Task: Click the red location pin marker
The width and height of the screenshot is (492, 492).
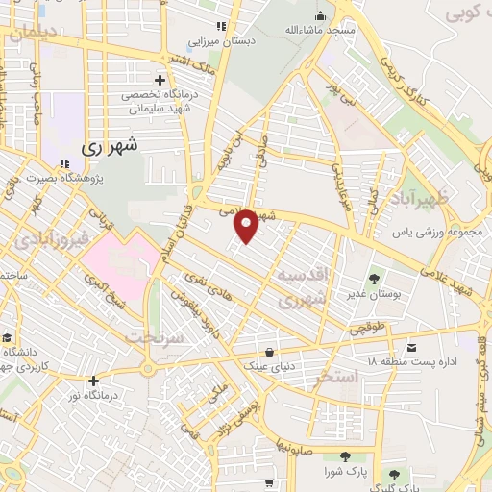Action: [246, 225]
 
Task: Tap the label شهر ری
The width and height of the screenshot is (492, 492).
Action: [110, 147]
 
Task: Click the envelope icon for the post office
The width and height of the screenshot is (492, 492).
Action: [412, 347]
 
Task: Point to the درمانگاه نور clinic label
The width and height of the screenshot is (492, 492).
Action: [115, 395]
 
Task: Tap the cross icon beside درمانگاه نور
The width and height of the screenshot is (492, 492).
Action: [92, 381]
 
